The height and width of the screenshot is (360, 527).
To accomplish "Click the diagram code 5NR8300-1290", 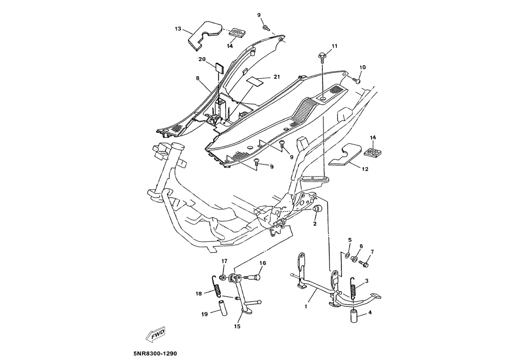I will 155,353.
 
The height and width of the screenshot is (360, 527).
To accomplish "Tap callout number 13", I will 178,29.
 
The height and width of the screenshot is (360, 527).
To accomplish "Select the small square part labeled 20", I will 218,67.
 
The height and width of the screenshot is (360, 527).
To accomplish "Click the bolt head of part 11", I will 322,55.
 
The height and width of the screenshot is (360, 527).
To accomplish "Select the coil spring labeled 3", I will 354,291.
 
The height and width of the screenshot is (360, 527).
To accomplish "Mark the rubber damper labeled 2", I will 317,209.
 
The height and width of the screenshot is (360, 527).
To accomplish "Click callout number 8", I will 198,78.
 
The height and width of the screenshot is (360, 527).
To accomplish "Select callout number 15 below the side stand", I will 237,326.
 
